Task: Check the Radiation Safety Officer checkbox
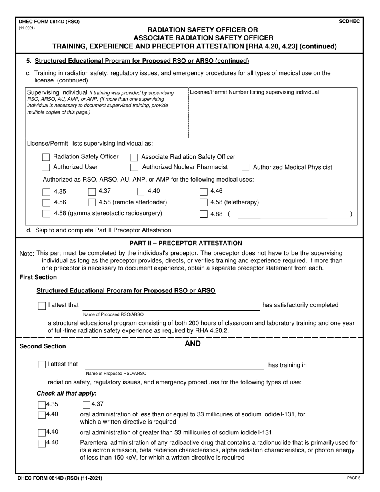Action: pos(46,157)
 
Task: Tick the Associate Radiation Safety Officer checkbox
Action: pos(134,157)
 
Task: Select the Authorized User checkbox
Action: pos(46,167)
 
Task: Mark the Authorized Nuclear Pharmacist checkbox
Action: pos(134,167)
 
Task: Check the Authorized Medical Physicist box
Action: pos(246,167)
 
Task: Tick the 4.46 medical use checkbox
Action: pos(203,192)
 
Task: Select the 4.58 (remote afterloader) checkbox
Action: pos(92,202)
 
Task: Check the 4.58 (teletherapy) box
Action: pos(203,202)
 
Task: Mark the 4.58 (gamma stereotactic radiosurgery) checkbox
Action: pos(46,214)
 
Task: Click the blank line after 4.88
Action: pos(293,214)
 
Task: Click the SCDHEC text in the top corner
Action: pos(349,22)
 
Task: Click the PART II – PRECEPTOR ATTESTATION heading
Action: pos(186,243)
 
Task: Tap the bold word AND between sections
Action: pos(192,344)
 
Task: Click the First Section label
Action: pos(38,277)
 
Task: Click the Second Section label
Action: pos(43,346)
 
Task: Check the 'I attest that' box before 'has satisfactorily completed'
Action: pos(42,306)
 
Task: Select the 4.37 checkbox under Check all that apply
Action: pos(86,404)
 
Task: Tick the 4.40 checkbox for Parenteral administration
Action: pos(42,443)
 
